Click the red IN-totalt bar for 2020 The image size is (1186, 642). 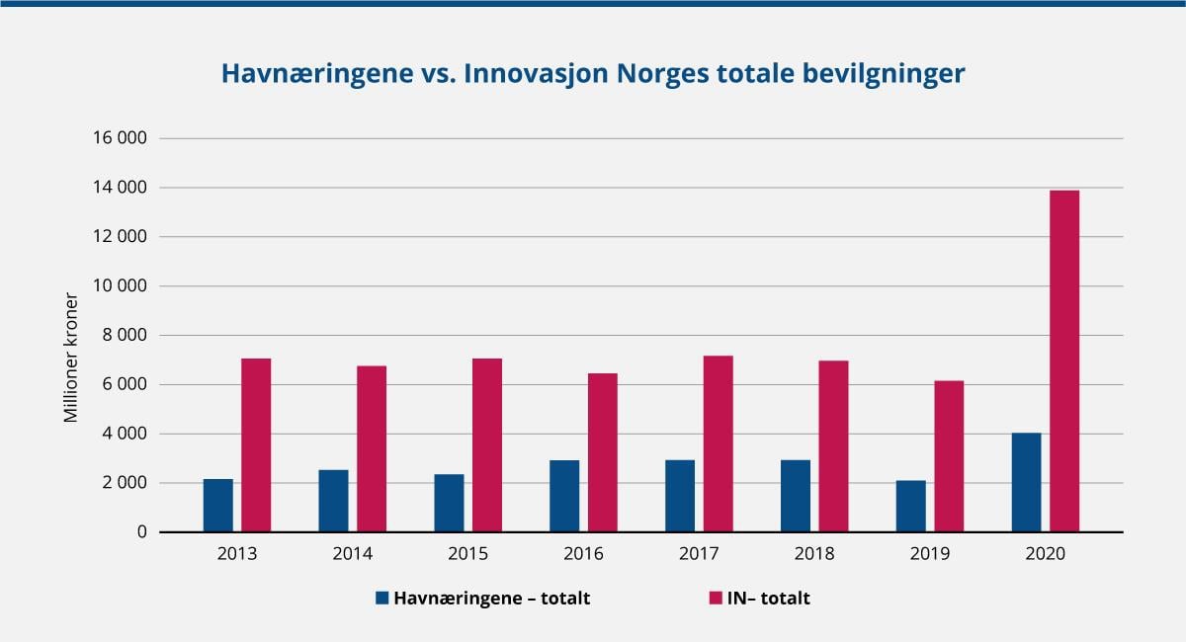[1064, 361]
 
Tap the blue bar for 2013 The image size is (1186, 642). [218, 506]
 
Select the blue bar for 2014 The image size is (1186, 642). [333, 501]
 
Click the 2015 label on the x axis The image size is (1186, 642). [467, 554]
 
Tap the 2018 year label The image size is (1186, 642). [814, 554]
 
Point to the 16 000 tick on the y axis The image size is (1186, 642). [119, 138]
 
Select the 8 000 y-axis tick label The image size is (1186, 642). [124, 335]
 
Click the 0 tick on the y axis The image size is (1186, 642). [141, 531]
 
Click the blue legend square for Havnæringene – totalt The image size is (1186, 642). [382, 598]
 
